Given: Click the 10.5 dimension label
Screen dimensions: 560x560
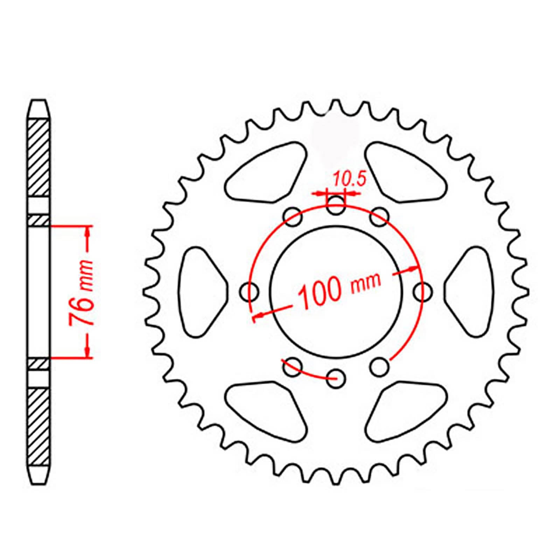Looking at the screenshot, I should tap(349, 180).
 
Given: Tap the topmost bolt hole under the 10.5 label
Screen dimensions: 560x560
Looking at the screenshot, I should tap(336, 205).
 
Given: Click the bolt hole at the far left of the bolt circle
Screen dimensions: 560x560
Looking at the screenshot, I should tap(249, 291).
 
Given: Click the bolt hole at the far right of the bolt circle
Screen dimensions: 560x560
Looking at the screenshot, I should tap(423, 291).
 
